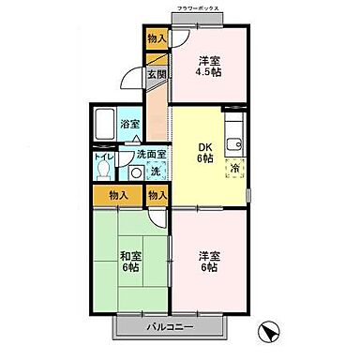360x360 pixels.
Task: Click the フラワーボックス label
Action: pos(197,8)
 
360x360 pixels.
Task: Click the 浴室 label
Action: pos(130,123)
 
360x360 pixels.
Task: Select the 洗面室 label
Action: pos(151,155)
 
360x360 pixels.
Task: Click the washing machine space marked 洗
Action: pos(157,172)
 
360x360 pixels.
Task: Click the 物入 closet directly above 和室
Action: pos(118,196)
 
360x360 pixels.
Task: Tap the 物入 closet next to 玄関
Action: pos(157,38)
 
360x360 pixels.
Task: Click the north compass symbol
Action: pos(269,333)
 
